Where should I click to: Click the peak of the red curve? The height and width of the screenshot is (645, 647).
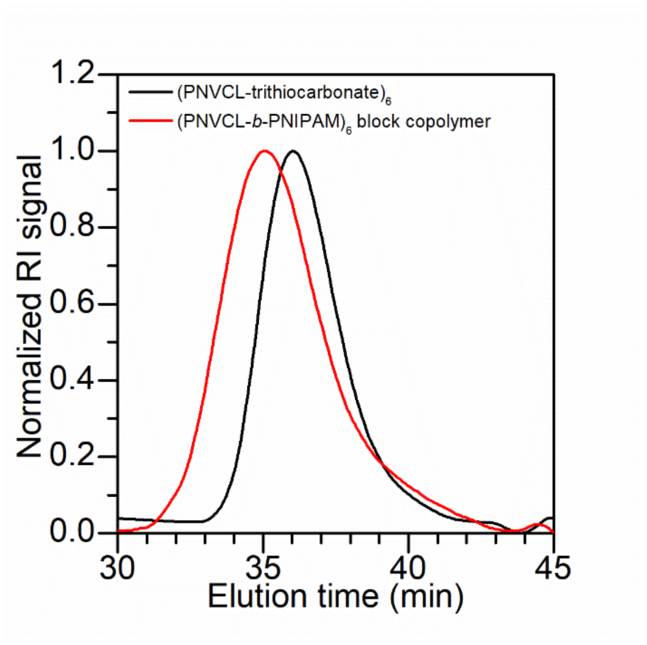click(x=264, y=151)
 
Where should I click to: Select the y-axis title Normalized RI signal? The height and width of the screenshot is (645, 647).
click(x=30, y=306)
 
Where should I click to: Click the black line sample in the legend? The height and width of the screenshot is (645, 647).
click(x=150, y=92)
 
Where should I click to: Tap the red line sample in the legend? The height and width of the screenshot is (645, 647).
click(x=150, y=120)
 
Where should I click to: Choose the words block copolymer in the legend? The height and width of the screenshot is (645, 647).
click(x=423, y=122)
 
